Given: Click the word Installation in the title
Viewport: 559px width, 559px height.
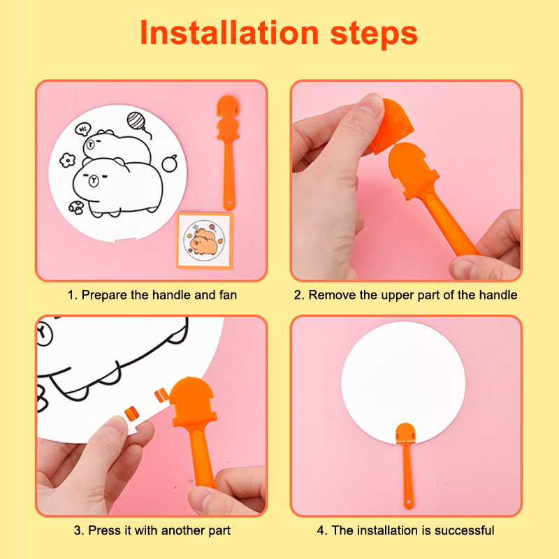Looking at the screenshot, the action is [229, 33].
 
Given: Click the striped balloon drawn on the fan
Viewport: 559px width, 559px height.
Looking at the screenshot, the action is [136, 120].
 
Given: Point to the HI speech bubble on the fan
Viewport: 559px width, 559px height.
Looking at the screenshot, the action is [82, 129].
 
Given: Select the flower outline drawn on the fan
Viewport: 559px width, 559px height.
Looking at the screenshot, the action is [67, 160].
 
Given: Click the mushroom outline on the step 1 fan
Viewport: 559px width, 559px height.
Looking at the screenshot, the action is [76, 208].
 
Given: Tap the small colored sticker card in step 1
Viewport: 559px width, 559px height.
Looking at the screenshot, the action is [205, 240].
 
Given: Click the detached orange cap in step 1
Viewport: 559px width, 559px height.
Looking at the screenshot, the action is [228, 106].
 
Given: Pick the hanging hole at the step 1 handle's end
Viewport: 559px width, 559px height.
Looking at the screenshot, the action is [228, 205].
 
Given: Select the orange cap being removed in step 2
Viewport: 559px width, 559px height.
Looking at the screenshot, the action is [391, 126].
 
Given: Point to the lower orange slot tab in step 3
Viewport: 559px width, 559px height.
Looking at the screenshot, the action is [131, 413].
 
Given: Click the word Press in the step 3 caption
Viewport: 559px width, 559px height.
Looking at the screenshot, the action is [104, 530].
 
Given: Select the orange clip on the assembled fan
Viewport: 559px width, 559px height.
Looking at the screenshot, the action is [406, 433].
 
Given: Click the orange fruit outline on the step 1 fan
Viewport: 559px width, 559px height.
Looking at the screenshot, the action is [169, 164].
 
